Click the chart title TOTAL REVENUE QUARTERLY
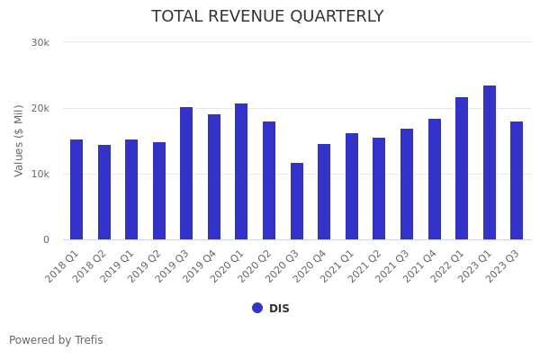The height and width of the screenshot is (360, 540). (x=267, y=17)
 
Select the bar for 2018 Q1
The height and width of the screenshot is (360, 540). (x=76, y=190)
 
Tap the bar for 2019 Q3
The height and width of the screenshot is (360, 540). (x=186, y=174)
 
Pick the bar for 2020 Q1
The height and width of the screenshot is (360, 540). (x=241, y=172)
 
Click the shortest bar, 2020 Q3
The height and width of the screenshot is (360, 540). (x=297, y=202)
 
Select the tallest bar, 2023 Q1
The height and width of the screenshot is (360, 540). (x=490, y=163)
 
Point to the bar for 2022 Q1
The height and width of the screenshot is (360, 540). (x=462, y=168)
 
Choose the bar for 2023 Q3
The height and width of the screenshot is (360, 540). (x=517, y=181)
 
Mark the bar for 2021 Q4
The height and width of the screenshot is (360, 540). (x=435, y=179)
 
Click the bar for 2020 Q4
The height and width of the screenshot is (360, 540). (x=324, y=192)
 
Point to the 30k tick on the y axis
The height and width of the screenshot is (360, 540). (x=40, y=42)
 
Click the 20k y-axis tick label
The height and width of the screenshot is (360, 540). (x=40, y=108)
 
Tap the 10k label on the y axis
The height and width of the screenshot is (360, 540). (x=40, y=174)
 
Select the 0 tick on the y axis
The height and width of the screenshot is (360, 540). (x=46, y=239)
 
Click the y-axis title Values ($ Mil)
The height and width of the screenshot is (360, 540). (x=20, y=140)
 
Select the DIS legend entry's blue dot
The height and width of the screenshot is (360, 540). (x=257, y=308)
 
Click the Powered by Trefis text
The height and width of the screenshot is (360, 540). (x=56, y=340)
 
